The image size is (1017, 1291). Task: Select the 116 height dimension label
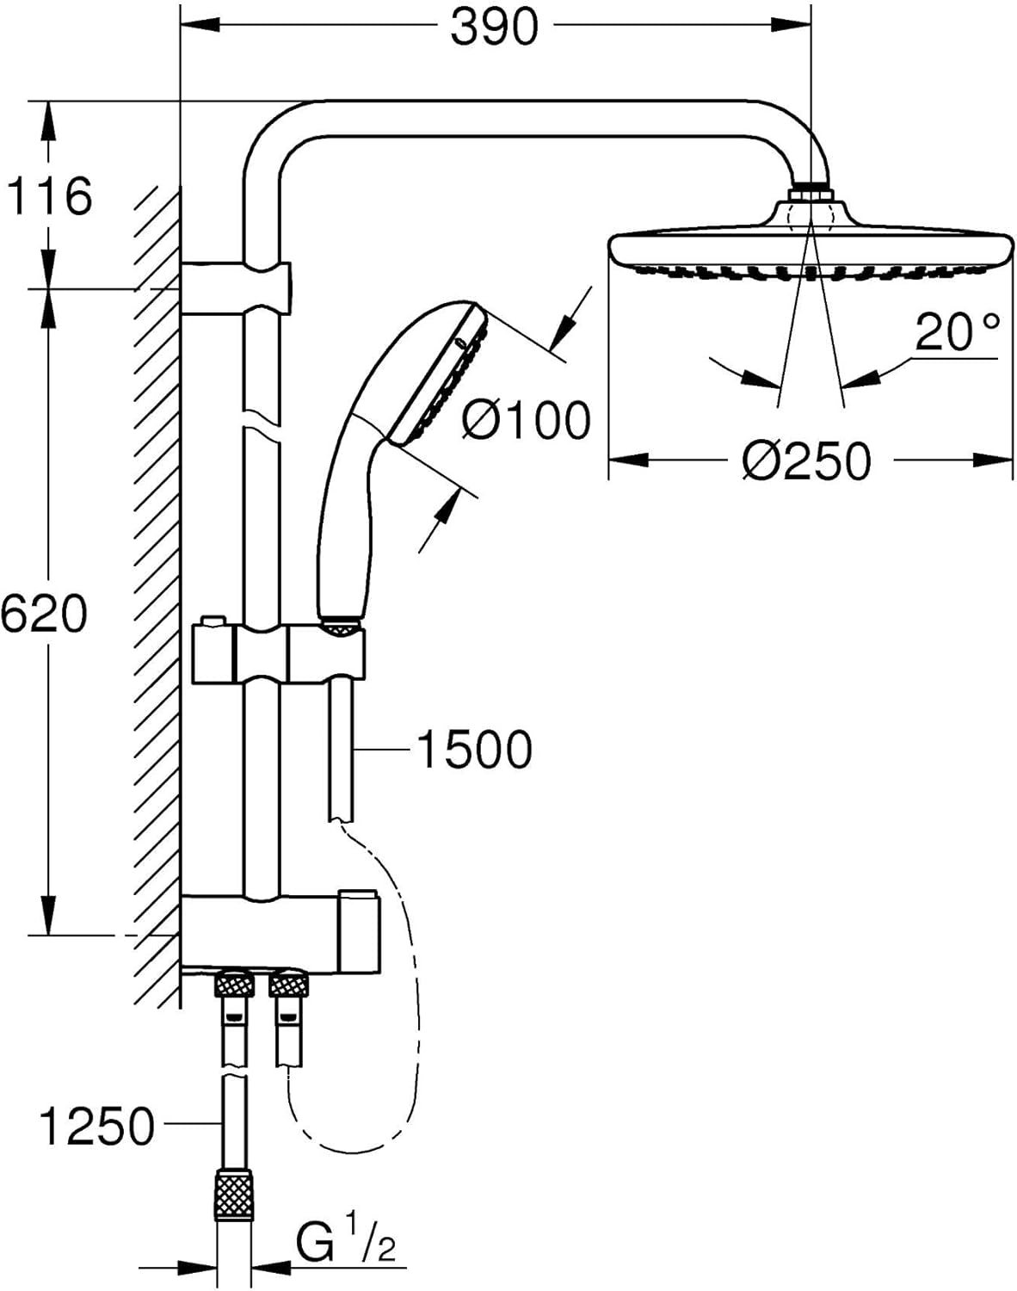[49, 196]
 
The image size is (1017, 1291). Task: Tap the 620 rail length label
[44, 614]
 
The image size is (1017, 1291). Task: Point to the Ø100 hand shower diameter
[527, 420]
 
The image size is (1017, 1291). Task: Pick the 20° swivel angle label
[957, 332]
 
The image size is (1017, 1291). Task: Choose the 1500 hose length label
[474, 749]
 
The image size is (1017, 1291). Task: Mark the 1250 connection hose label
[97, 1127]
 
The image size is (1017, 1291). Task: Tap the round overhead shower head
[809, 244]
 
